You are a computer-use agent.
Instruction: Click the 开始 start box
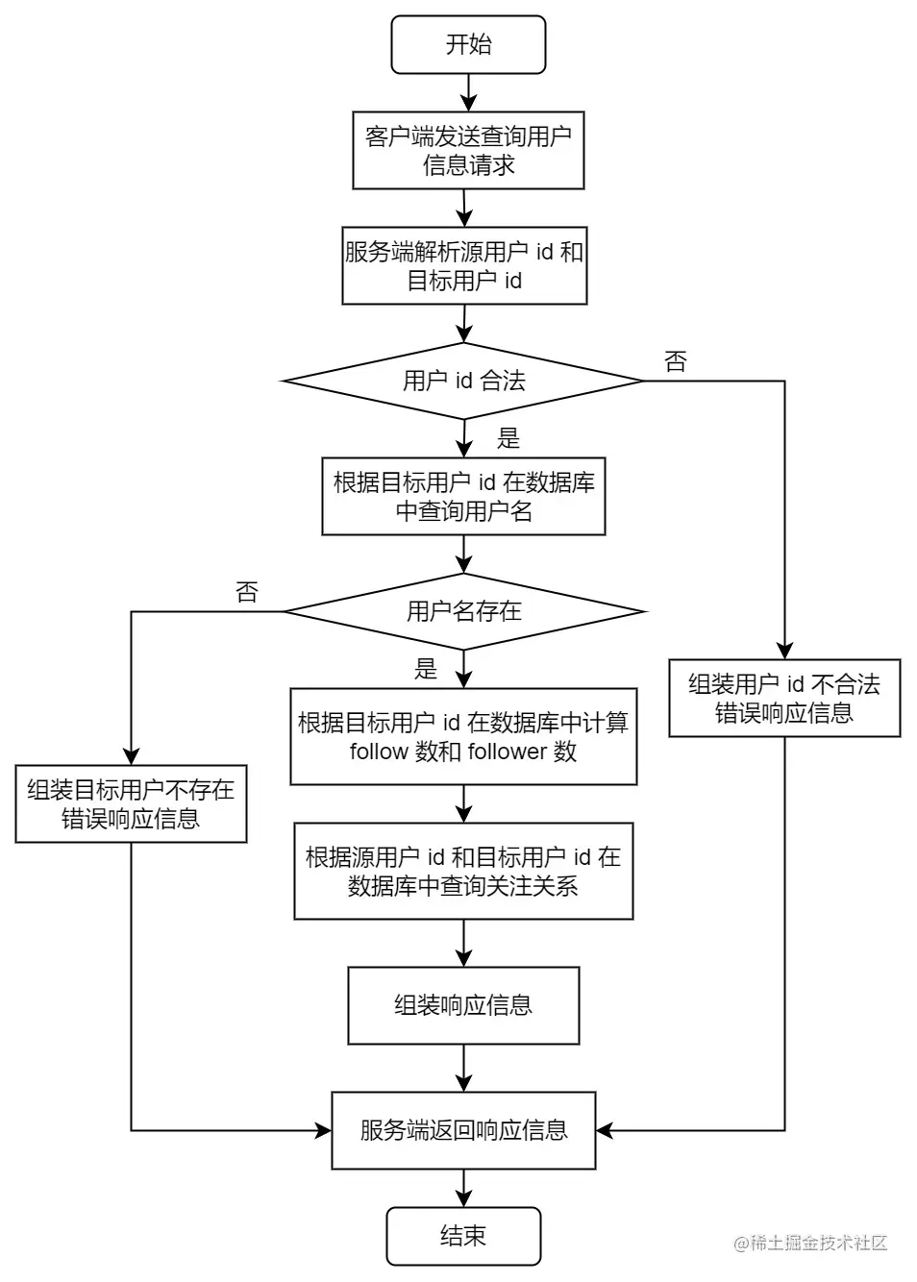pos(468,44)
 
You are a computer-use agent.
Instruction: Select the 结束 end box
pos(463,1236)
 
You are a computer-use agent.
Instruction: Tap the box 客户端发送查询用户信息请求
pos(468,150)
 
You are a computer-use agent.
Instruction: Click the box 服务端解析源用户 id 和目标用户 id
pos(464,265)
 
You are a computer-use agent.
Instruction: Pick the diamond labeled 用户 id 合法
pos(464,381)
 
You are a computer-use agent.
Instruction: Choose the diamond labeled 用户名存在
pos(464,611)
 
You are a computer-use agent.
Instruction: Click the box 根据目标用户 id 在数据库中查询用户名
pos(463,496)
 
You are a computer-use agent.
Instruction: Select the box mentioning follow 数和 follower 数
pos(463,736)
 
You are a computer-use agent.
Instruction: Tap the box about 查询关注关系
pos(463,871)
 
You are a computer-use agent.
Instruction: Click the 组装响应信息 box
pos(463,1005)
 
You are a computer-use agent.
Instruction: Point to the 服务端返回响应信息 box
pos(463,1130)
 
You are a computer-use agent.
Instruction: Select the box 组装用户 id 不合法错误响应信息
pos(784,698)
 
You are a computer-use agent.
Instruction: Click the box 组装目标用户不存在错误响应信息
pos(131,803)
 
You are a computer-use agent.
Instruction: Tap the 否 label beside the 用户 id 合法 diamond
pos(676,362)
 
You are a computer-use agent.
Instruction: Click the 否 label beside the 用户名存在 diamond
pos(247,593)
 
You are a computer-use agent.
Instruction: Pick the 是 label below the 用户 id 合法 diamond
pos(508,439)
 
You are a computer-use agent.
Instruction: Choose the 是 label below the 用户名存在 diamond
pos(426,669)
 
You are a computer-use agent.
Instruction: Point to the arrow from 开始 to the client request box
pos(468,92)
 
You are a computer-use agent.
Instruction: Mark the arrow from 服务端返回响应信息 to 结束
pos(463,1188)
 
